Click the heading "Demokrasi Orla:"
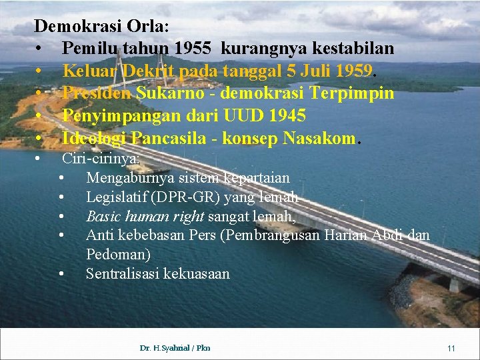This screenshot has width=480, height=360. [x=101, y=27]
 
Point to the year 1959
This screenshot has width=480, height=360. [x=355, y=71]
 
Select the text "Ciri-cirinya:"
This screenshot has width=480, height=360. [x=101, y=159]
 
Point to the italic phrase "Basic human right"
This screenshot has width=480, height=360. [x=145, y=217]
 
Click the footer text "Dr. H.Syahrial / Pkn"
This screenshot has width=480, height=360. [x=175, y=348]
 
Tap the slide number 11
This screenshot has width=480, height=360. [x=451, y=349]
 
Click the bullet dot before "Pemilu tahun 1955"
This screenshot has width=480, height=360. [x=41, y=49]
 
